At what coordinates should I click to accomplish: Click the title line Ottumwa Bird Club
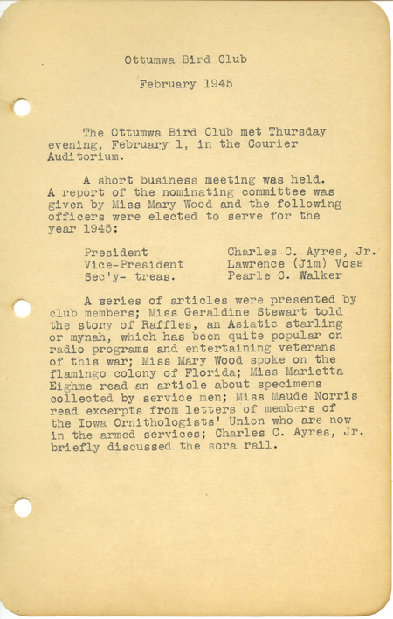click(185, 59)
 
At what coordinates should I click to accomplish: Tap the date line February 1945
click(185, 85)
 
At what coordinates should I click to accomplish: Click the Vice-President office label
click(134, 263)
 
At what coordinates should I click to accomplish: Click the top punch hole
click(22, 108)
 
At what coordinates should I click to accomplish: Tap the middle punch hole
click(22, 308)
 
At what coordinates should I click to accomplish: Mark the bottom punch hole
click(22, 507)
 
